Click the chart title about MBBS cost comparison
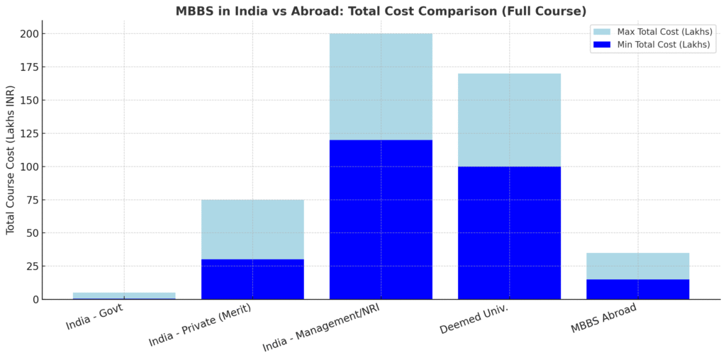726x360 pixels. tap(381, 11)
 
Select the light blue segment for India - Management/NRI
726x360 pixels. tap(381, 86)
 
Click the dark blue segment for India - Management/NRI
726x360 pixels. tap(381, 220)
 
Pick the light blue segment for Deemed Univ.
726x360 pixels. tap(509, 120)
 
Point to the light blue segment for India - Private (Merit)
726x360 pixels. tap(252, 230)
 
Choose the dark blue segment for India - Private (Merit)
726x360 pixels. tap(252, 279)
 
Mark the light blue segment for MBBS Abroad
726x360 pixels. tap(637, 266)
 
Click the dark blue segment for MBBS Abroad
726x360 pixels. tap(637, 289)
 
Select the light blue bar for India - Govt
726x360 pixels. tap(124, 295)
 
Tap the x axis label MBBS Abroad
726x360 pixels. tap(604, 318)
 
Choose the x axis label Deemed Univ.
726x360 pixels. tap(475, 319)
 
